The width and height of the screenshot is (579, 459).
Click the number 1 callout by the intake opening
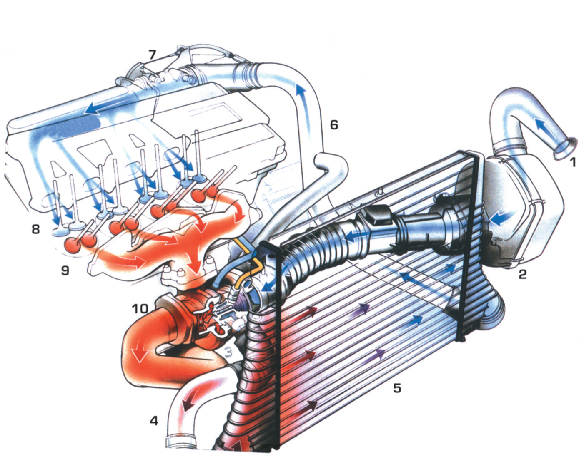click(573, 162)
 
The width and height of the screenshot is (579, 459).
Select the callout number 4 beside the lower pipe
click(154, 421)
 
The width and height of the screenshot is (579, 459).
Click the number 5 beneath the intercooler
click(397, 388)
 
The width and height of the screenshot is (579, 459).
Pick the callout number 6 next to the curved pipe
click(334, 124)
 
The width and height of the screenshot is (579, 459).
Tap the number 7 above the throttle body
click(152, 55)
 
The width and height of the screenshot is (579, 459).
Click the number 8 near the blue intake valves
click(36, 228)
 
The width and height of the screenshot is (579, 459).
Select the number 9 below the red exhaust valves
click(65, 270)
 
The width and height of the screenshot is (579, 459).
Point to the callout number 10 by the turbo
click(140, 308)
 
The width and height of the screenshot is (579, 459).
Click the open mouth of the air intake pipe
click(566, 149)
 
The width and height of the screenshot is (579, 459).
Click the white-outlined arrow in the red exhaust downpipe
click(139, 355)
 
